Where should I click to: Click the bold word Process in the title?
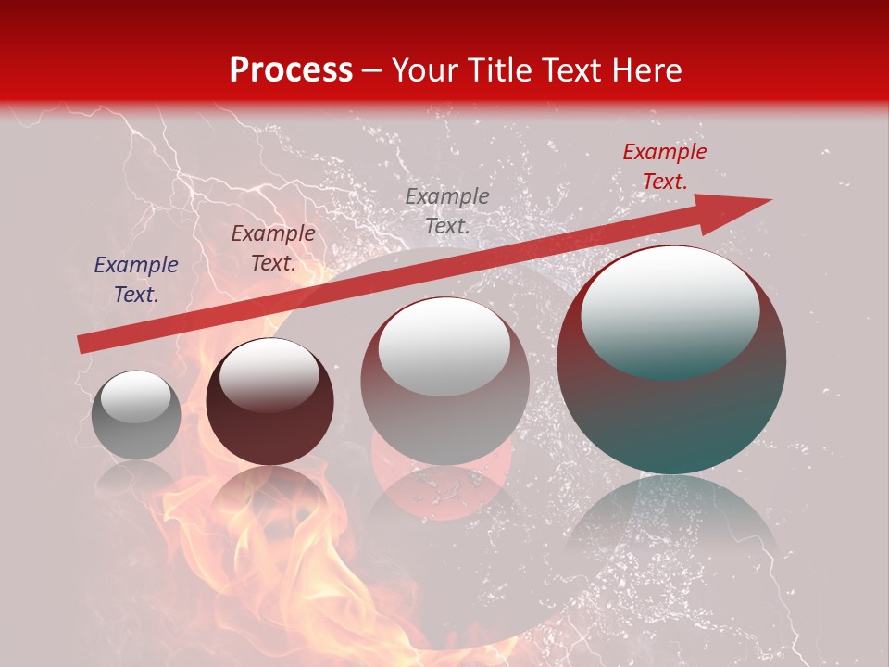point(291,69)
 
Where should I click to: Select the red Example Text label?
point(664,167)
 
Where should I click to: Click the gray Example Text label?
point(446,211)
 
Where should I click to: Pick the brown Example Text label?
point(272,248)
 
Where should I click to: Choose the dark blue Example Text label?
point(136,280)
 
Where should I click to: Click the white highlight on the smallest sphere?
point(135,396)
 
